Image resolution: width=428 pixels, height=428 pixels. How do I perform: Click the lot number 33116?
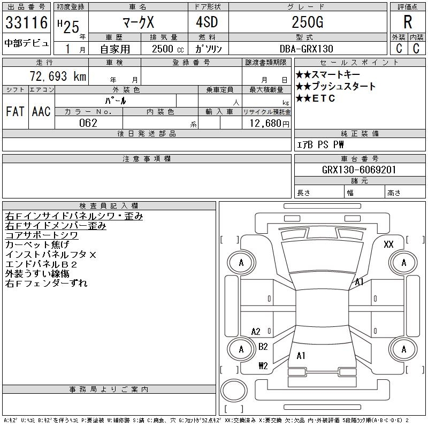26,23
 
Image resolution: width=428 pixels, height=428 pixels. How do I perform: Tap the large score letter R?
408,22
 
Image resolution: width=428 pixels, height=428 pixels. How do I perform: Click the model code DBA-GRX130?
303,48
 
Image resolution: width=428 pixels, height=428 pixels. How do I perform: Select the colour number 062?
88,123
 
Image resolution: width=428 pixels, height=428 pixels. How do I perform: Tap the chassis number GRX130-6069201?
359,170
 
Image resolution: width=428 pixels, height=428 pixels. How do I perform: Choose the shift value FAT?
15,111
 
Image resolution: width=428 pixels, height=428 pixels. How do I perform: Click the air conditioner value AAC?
41,111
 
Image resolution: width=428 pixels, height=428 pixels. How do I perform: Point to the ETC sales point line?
316,98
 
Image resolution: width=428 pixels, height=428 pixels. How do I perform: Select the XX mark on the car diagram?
388,244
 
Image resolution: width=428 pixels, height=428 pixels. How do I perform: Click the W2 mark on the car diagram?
263,366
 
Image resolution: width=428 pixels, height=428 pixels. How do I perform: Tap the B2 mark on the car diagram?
263,347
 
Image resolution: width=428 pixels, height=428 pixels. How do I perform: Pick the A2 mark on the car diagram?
256,332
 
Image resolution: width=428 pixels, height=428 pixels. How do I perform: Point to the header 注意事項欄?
147,159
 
